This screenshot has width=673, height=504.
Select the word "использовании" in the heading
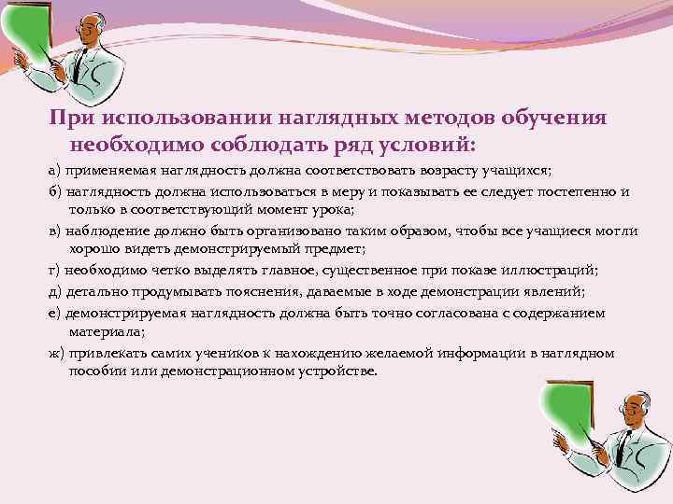197,119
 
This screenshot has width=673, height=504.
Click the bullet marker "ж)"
56,354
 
